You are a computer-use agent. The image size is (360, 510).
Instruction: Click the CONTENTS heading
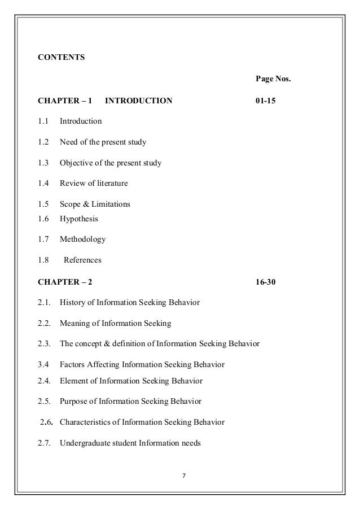pyautogui.click(x=61, y=57)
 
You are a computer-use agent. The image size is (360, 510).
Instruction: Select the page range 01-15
pyautogui.click(x=266, y=101)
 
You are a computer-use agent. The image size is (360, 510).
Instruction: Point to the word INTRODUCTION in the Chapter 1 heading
pyautogui.click(x=139, y=101)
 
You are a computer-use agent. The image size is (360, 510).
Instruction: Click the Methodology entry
pyautogui.click(x=82, y=239)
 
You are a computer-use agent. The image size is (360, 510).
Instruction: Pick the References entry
pyautogui.click(x=82, y=260)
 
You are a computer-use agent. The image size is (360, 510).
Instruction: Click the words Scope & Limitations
pyautogui.click(x=95, y=204)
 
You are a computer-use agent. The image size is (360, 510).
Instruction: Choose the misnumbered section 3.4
pyautogui.click(x=43, y=364)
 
